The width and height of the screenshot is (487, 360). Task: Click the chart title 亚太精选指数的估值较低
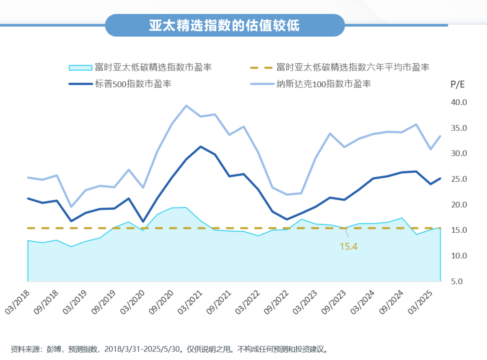pyautogui.click(x=224, y=25)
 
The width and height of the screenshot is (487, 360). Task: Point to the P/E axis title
pyautogui.click(x=457, y=84)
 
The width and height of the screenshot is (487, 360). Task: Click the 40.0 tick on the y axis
pyautogui.click(x=459, y=102)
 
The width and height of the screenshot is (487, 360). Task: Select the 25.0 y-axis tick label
pyautogui.click(x=459, y=179)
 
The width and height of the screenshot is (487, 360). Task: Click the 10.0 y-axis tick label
pyautogui.click(x=459, y=256)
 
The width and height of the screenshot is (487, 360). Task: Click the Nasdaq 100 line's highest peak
pyautogui.click(x=186, y=106)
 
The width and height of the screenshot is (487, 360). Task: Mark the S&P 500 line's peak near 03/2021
pyautogui.click(x=200, y=147)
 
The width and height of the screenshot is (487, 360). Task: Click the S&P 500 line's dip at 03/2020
pyautogui.click(x=143, y=222)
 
